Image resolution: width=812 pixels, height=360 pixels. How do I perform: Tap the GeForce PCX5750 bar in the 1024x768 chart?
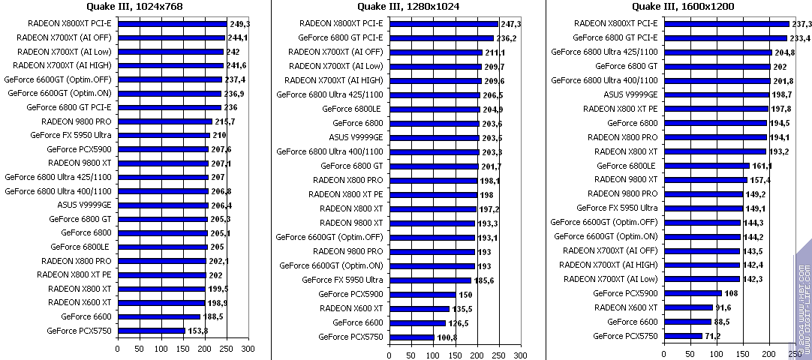[x=152, y=331]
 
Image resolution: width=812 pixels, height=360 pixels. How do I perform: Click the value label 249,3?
[x=240, y=23]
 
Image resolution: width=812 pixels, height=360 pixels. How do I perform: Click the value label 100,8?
[x=447, y=337]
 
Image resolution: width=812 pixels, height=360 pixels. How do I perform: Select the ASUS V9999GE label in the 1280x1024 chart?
[x=356, y=137]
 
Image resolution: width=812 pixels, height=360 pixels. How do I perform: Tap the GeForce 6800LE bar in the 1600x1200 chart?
[x=706, y=166]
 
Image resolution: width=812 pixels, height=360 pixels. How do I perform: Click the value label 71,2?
[x=714, y=337]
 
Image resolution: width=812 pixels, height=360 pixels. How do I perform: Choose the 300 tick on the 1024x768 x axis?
[x=248, y=349]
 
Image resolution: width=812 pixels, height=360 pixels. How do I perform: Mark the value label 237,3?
[x=802, y=23]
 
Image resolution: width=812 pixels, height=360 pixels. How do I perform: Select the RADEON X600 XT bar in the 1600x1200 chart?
[x=688, y=307]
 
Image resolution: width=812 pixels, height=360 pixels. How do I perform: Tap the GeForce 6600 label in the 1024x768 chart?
[x=86, y=316]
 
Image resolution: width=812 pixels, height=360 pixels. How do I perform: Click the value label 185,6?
[x=485, y=280]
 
